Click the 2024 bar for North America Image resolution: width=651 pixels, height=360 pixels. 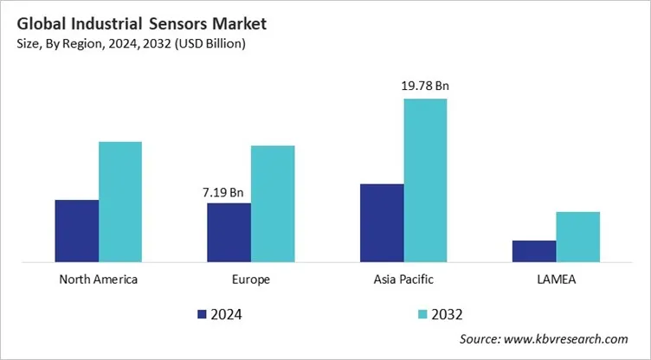point(76,230)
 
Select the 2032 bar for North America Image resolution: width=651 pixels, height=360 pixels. point(119,201)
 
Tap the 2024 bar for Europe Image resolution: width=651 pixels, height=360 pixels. point(229,232)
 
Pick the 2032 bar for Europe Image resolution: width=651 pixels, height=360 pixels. point(273,202)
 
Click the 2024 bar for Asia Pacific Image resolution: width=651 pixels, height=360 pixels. point(382,222)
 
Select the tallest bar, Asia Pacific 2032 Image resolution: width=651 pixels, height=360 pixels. point(425,179)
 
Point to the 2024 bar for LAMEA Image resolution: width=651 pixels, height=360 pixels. point(534,250)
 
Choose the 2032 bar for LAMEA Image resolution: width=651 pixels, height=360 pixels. point(577,236)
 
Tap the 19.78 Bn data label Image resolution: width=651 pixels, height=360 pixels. point(425,86)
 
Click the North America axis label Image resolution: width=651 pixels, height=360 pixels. point(98,280)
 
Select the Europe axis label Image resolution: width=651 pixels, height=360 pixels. point(251,280)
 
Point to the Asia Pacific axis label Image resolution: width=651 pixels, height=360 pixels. point(403,280)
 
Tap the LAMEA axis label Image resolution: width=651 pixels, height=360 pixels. point(556,280)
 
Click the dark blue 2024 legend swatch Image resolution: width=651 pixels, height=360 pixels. point(203,314)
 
